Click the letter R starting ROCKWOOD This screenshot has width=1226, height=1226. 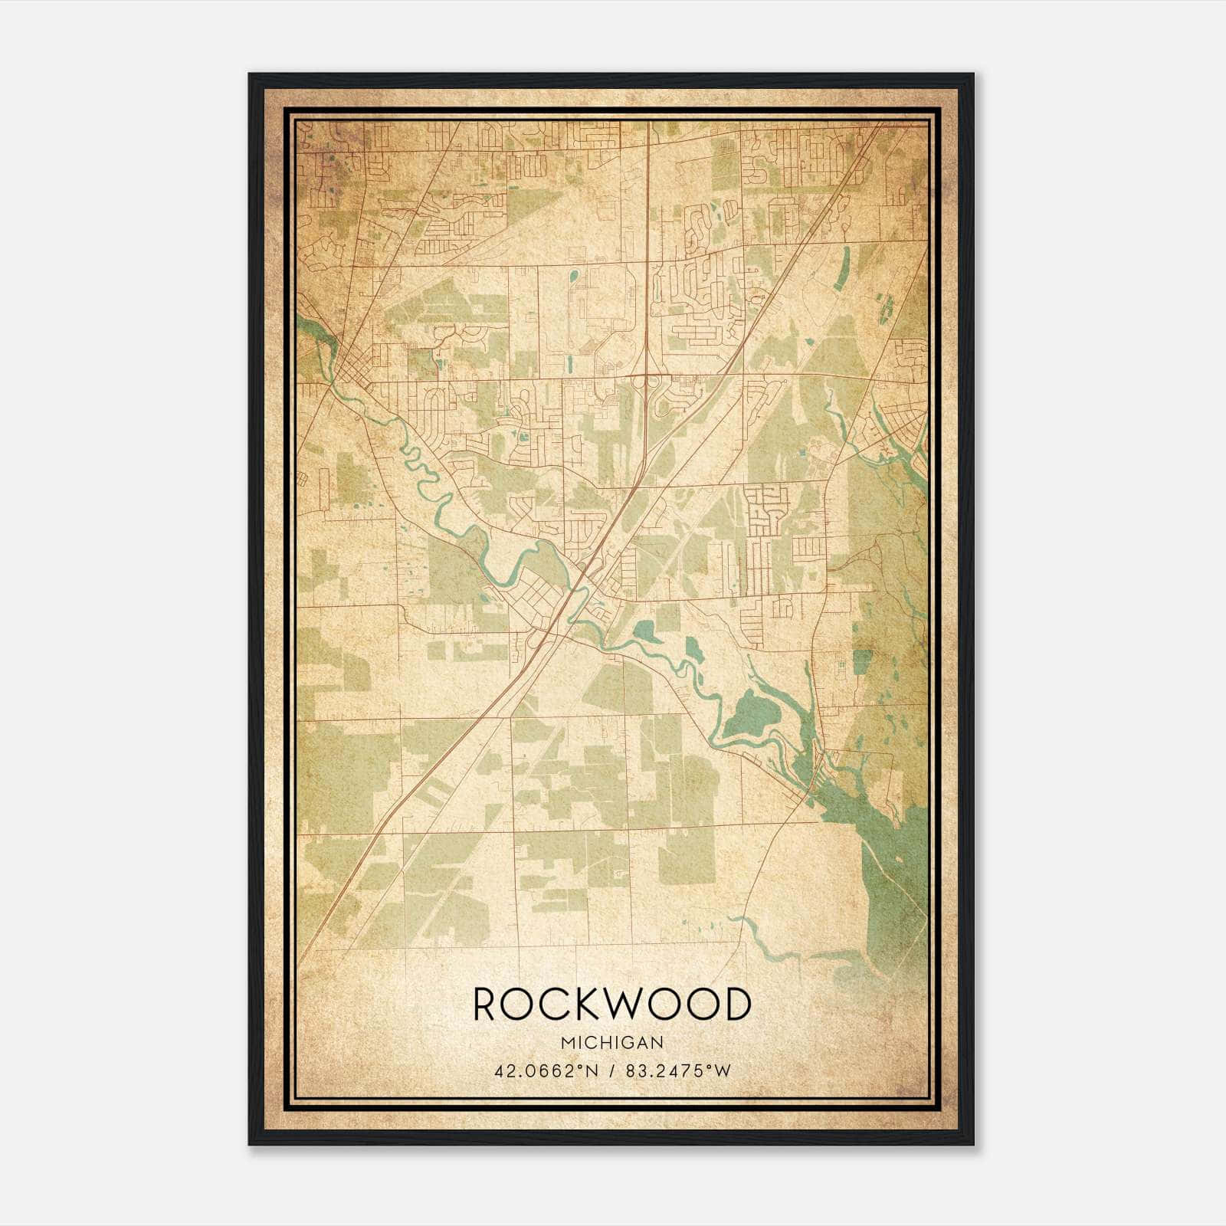tap(487, 1005)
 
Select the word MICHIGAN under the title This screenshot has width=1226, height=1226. tap(611, 1043)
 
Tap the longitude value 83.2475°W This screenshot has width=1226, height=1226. tap(678, 1071)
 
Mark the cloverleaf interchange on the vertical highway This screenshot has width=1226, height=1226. tap(649, 381)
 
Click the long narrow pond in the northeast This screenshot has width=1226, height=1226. tap(843, 269)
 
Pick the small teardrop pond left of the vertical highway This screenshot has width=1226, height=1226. tap(572, 274)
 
